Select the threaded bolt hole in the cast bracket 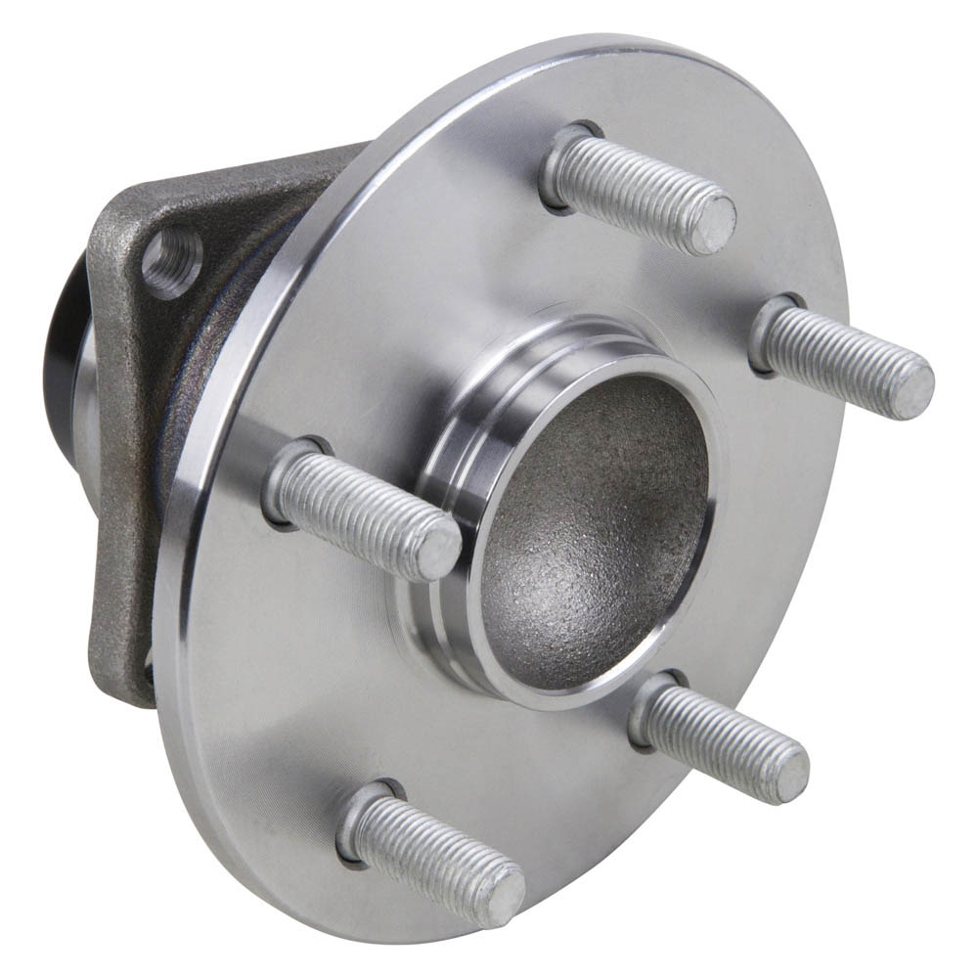click(172, 260)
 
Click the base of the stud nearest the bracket click(289, 479)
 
